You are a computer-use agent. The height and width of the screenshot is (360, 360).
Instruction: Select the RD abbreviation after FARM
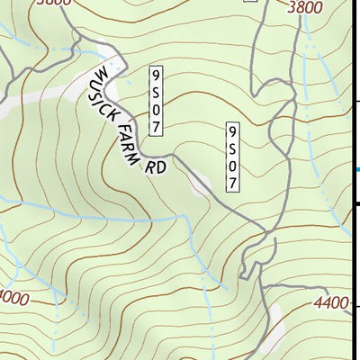tap(156, 167)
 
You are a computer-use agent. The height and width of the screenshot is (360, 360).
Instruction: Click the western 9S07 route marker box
tap(157, 100)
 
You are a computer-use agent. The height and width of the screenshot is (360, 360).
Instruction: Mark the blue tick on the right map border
tap(357, 169)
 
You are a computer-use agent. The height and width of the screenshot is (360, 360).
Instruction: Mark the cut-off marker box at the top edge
tap(251, 3)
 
